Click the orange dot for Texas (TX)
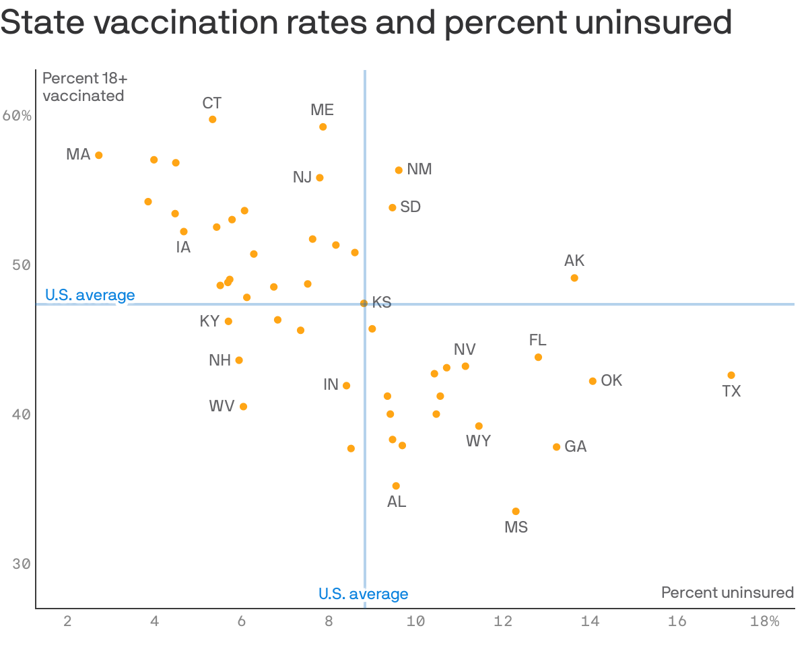tap(731, 375)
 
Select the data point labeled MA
tap(99, 155)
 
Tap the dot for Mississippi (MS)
tap(516, 511)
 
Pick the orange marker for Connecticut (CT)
tap(213, 119)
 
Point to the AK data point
tap(574, 277)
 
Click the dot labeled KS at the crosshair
tap(364, 303)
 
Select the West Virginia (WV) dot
tap(243, 406)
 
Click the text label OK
tap(611, 380)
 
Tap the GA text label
tap(575, 446)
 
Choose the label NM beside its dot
tap(419, 169)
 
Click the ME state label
tap(322, 110)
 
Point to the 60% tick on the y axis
tap(17, 116)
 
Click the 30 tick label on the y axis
tap(22, 563)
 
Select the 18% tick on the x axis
tap(764, 621)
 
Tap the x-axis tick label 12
tap(503, 621)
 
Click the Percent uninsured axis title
tap(727, 592)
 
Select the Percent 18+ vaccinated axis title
tap(85, 87)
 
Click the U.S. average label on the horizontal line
tap(90, 295)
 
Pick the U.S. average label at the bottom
tap(363, 594)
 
